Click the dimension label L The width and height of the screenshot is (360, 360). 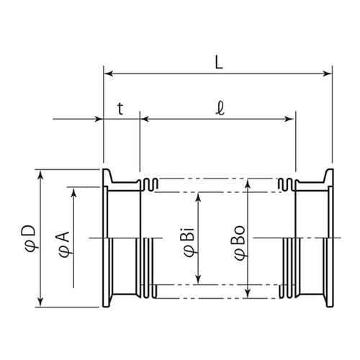click(219, 63)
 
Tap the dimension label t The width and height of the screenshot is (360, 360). click(120, 109)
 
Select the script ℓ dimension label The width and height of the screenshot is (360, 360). click(220, 109)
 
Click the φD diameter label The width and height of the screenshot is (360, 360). click(30, 238)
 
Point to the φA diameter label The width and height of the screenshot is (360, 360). click(63, 244)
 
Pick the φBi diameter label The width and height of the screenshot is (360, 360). click(189, 241)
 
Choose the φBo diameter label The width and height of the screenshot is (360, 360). click(240, 243)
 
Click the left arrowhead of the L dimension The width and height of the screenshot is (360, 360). click(109, 73)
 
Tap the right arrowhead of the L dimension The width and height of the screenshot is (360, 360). click(327, 73)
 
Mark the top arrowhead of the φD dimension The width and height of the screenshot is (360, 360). click(41, 175)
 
